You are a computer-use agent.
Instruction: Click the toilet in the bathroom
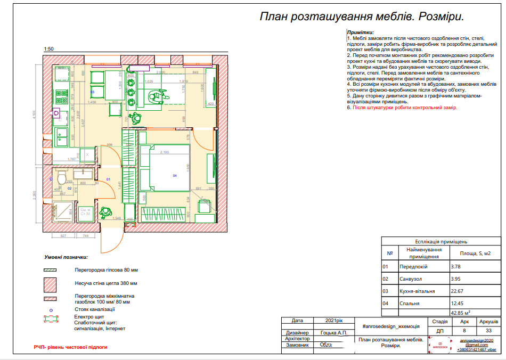[x=60, y=177]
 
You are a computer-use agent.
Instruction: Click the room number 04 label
[x=175, y=175]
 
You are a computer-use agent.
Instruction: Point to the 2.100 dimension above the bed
[x=165, y=152]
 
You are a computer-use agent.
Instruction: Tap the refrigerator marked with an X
[x=87, y=153]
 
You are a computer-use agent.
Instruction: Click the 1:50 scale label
[x=49, y=49]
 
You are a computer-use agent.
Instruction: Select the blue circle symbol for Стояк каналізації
[x=50, y=309]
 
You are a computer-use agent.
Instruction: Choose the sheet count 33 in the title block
[x=488, y=331]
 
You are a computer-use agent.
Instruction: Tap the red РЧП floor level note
[x=70, y=347]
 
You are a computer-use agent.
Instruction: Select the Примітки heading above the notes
[x=360, y=32]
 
